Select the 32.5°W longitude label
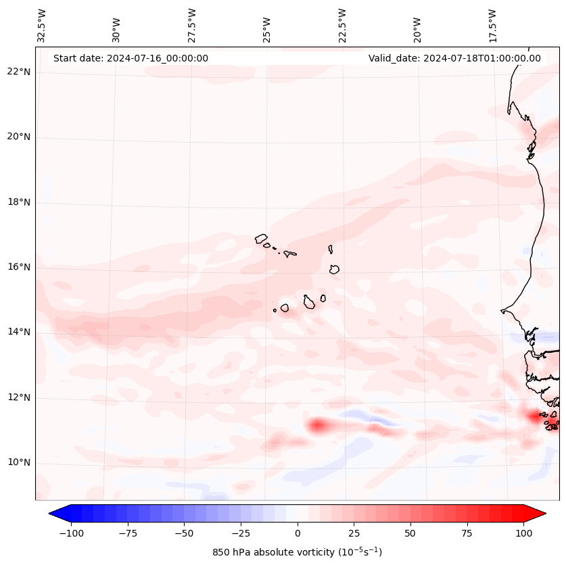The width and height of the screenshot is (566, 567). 43,26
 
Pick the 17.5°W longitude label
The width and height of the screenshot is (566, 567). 492,26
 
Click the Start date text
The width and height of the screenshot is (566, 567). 131,58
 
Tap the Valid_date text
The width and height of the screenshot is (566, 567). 454,58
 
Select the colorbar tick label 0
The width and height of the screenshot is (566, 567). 297,533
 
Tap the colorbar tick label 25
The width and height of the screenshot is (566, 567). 354,533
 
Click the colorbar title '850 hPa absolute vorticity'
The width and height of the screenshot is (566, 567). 297,552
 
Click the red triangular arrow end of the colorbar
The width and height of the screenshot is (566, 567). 536,514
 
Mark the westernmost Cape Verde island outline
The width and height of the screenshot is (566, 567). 261,238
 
